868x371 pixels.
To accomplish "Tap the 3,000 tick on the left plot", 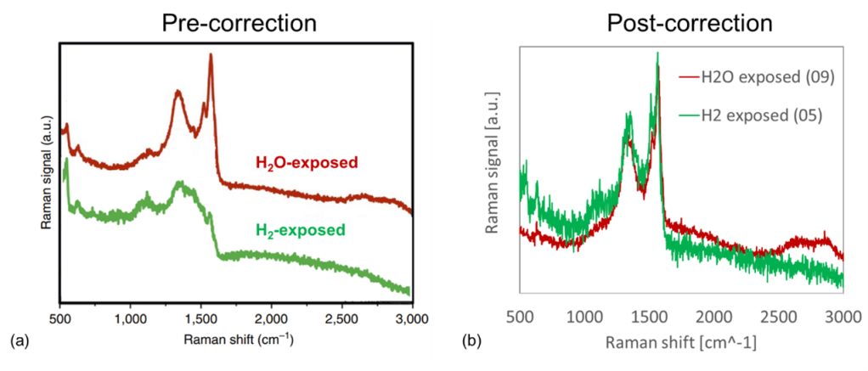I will pyautogui.click(x=411, y=319).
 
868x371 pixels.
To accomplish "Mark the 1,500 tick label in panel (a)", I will pyautogui.click(x=200, y=319).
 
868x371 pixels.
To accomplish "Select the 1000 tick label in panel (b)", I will pyautogui.click(x=583, y=316).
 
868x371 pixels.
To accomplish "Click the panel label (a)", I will pyautogui.click(x=18, y=341).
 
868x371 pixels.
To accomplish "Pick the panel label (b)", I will pyautogui.click(x=472, y=342).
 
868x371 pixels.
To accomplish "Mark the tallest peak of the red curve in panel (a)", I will pyautogui.click(x=211, y=56).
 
